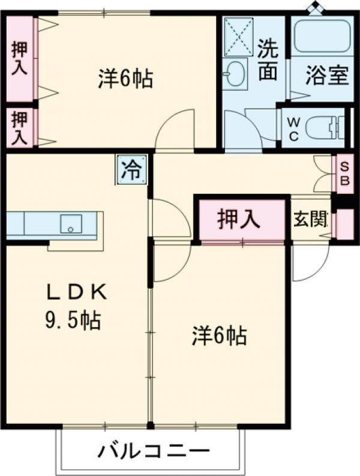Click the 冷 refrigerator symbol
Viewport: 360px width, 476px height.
tap(130, 169)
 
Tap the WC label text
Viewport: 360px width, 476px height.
tap(293, 127)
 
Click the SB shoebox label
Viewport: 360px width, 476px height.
tap(344, 173)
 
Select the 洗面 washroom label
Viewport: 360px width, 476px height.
tap(268, 59)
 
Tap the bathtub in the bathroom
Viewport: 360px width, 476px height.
tap(322, 37)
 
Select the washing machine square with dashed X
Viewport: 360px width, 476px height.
tap(239, 35)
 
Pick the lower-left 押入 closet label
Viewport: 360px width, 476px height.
tap(19, 127)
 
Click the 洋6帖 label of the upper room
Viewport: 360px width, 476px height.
tap(125, 79)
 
